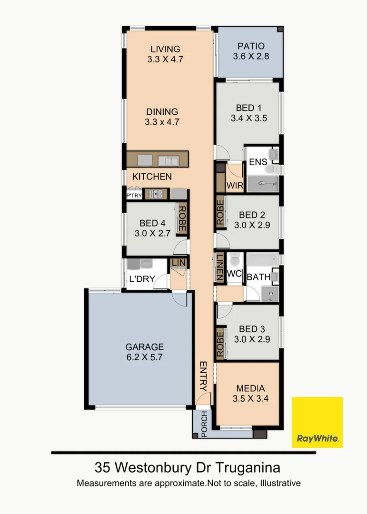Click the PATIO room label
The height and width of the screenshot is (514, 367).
[x=251, y=46]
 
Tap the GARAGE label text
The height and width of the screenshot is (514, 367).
[x=145, y=347]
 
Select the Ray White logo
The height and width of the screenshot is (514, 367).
[x=317, y=422]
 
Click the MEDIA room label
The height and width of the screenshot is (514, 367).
[x=251, y=388]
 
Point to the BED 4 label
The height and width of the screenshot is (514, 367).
[x=153, y=223]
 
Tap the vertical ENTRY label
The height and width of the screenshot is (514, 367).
[x=203, y=376]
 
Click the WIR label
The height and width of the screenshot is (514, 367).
[x=235, y=185]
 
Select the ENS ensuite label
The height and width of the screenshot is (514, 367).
[x=258, y=162]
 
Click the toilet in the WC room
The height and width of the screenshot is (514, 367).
[x=234, y=261]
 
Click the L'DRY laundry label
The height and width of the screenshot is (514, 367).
[x=142, y=279]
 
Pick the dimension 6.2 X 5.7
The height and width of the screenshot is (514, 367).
[x=145, y=357]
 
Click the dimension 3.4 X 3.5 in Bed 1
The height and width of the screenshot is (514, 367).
[x=249, y=119]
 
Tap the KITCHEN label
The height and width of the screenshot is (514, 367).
[x=152, y=177]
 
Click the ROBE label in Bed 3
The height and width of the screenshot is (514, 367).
[x=220, y=343]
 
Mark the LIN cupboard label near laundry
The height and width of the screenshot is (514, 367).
[x=179, y=263]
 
